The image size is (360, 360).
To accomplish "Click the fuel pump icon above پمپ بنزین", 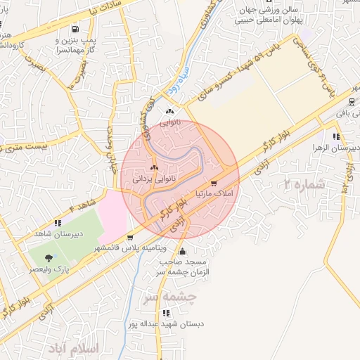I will pyautogui.click(x=75, y=29).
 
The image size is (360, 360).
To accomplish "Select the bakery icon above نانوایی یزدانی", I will pyautogui.click(x=153, y=169).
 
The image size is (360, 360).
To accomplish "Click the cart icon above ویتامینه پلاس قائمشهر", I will pyautogui.click(x=131, y=237).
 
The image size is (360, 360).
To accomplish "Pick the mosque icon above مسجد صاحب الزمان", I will pyautogui.click(x=183, y=251).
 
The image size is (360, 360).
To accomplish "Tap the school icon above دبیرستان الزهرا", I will pyautogui.click(x=336, y=136).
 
